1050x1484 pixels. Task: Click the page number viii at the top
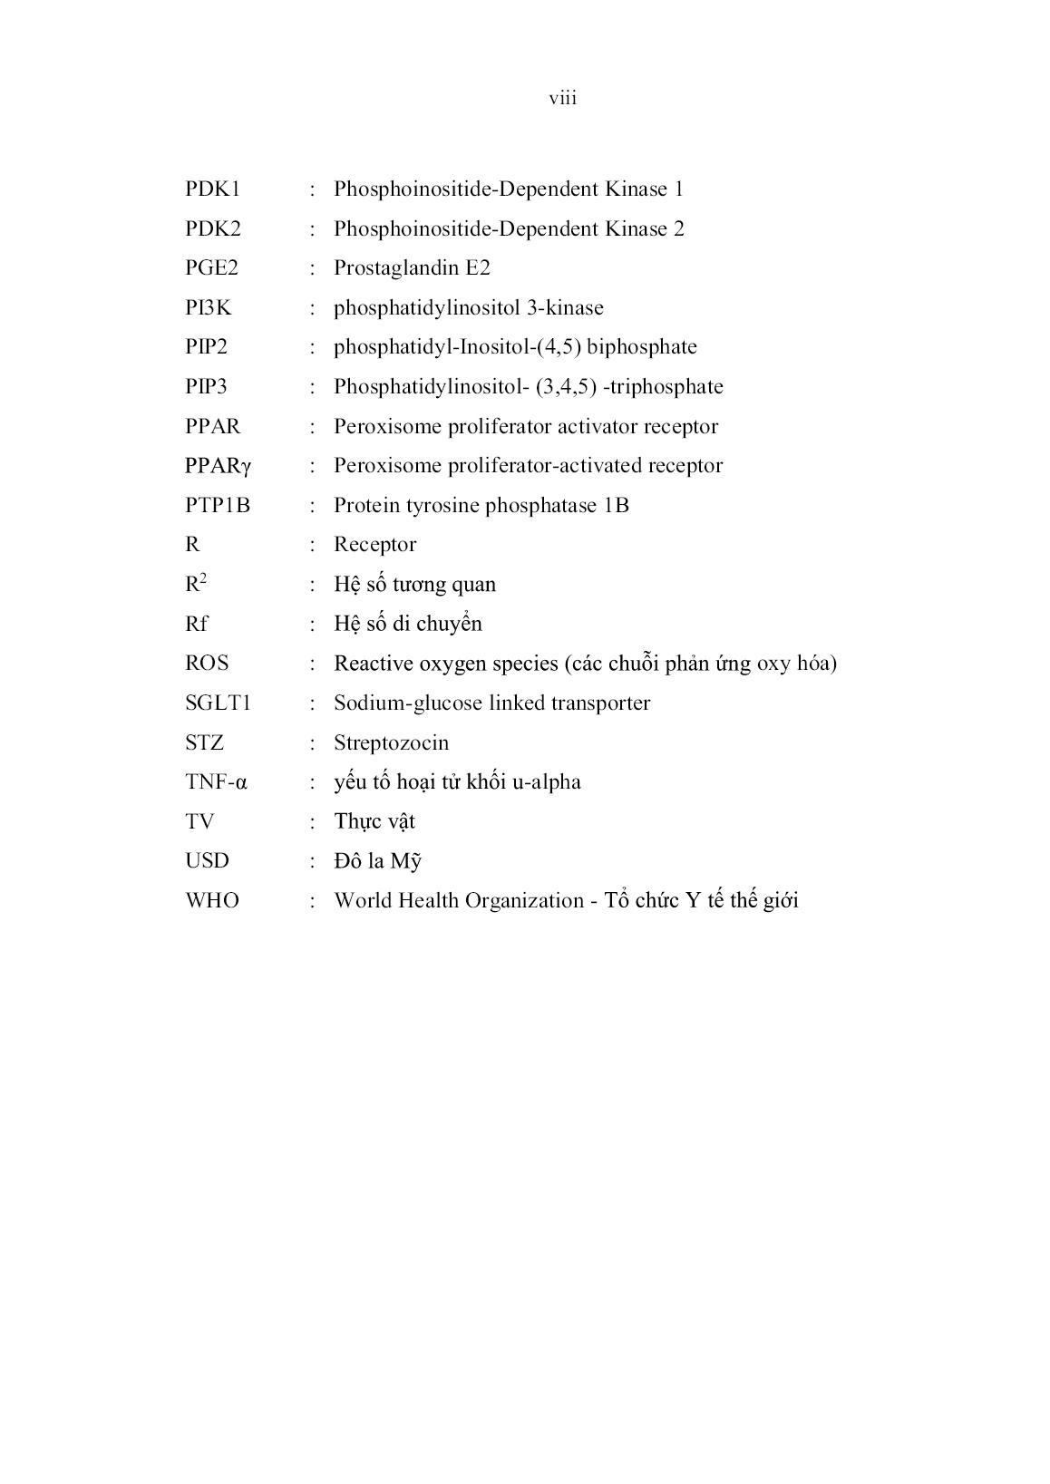(x=562, y=98)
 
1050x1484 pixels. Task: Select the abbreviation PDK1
(x=213, y=189)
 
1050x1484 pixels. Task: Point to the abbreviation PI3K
(x=209, y=308)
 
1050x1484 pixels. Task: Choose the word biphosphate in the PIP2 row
(x=642, y=347)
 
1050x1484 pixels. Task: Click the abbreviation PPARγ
(x=218, y=466)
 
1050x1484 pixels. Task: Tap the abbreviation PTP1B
(x=218, y=506)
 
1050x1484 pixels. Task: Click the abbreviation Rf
(x=197, y=624)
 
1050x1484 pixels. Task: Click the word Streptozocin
(x=391, y=743)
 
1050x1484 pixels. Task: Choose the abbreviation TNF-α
(x=216, y=782)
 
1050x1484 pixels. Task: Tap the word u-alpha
(x=546, y=782)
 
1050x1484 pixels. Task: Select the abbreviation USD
(x=208, y=861)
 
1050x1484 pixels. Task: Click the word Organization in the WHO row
(x=526, y=901)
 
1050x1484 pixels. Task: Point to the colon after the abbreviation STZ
(x=313, y=743)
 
